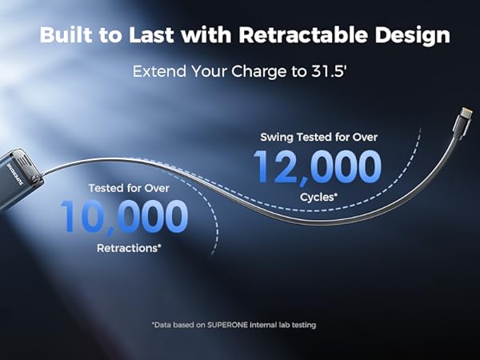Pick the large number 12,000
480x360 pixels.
coord(318,167)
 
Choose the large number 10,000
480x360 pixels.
coord(123,218)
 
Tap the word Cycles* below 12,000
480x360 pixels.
coord(318,196)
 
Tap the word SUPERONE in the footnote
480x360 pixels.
coord(230,325)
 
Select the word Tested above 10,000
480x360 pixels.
coord(107,189)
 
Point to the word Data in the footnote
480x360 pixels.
coord(166,325)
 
